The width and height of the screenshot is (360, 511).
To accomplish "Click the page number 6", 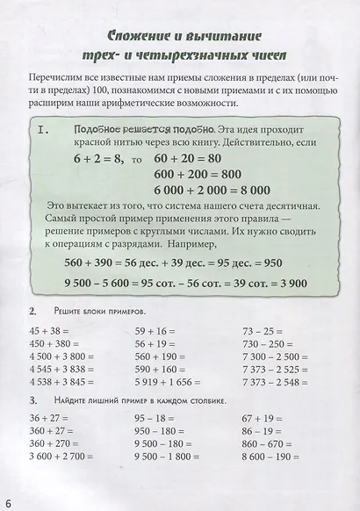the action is tap(7, 502).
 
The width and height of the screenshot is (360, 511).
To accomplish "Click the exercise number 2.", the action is tap(32, 312).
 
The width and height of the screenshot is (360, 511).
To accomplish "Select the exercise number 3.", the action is tap(32, 400).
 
